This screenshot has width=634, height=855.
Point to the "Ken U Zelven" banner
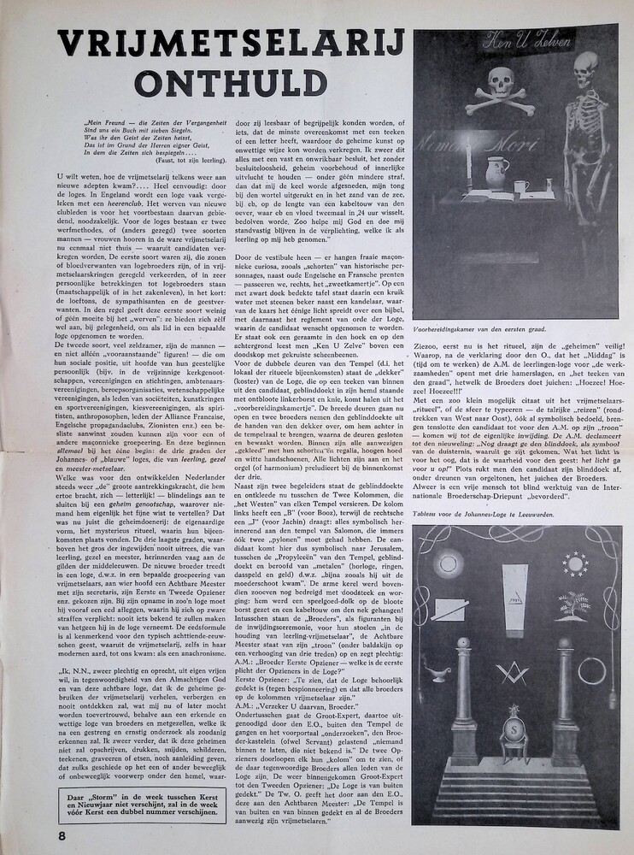click(x=513, y=39)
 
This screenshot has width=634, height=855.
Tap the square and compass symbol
click(x=514, y=673)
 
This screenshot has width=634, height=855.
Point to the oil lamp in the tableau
click(x=439, y=675)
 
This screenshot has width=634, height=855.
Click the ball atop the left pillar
click(x=463, y=643)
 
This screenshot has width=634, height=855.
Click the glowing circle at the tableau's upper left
click(x=448, y=563)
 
